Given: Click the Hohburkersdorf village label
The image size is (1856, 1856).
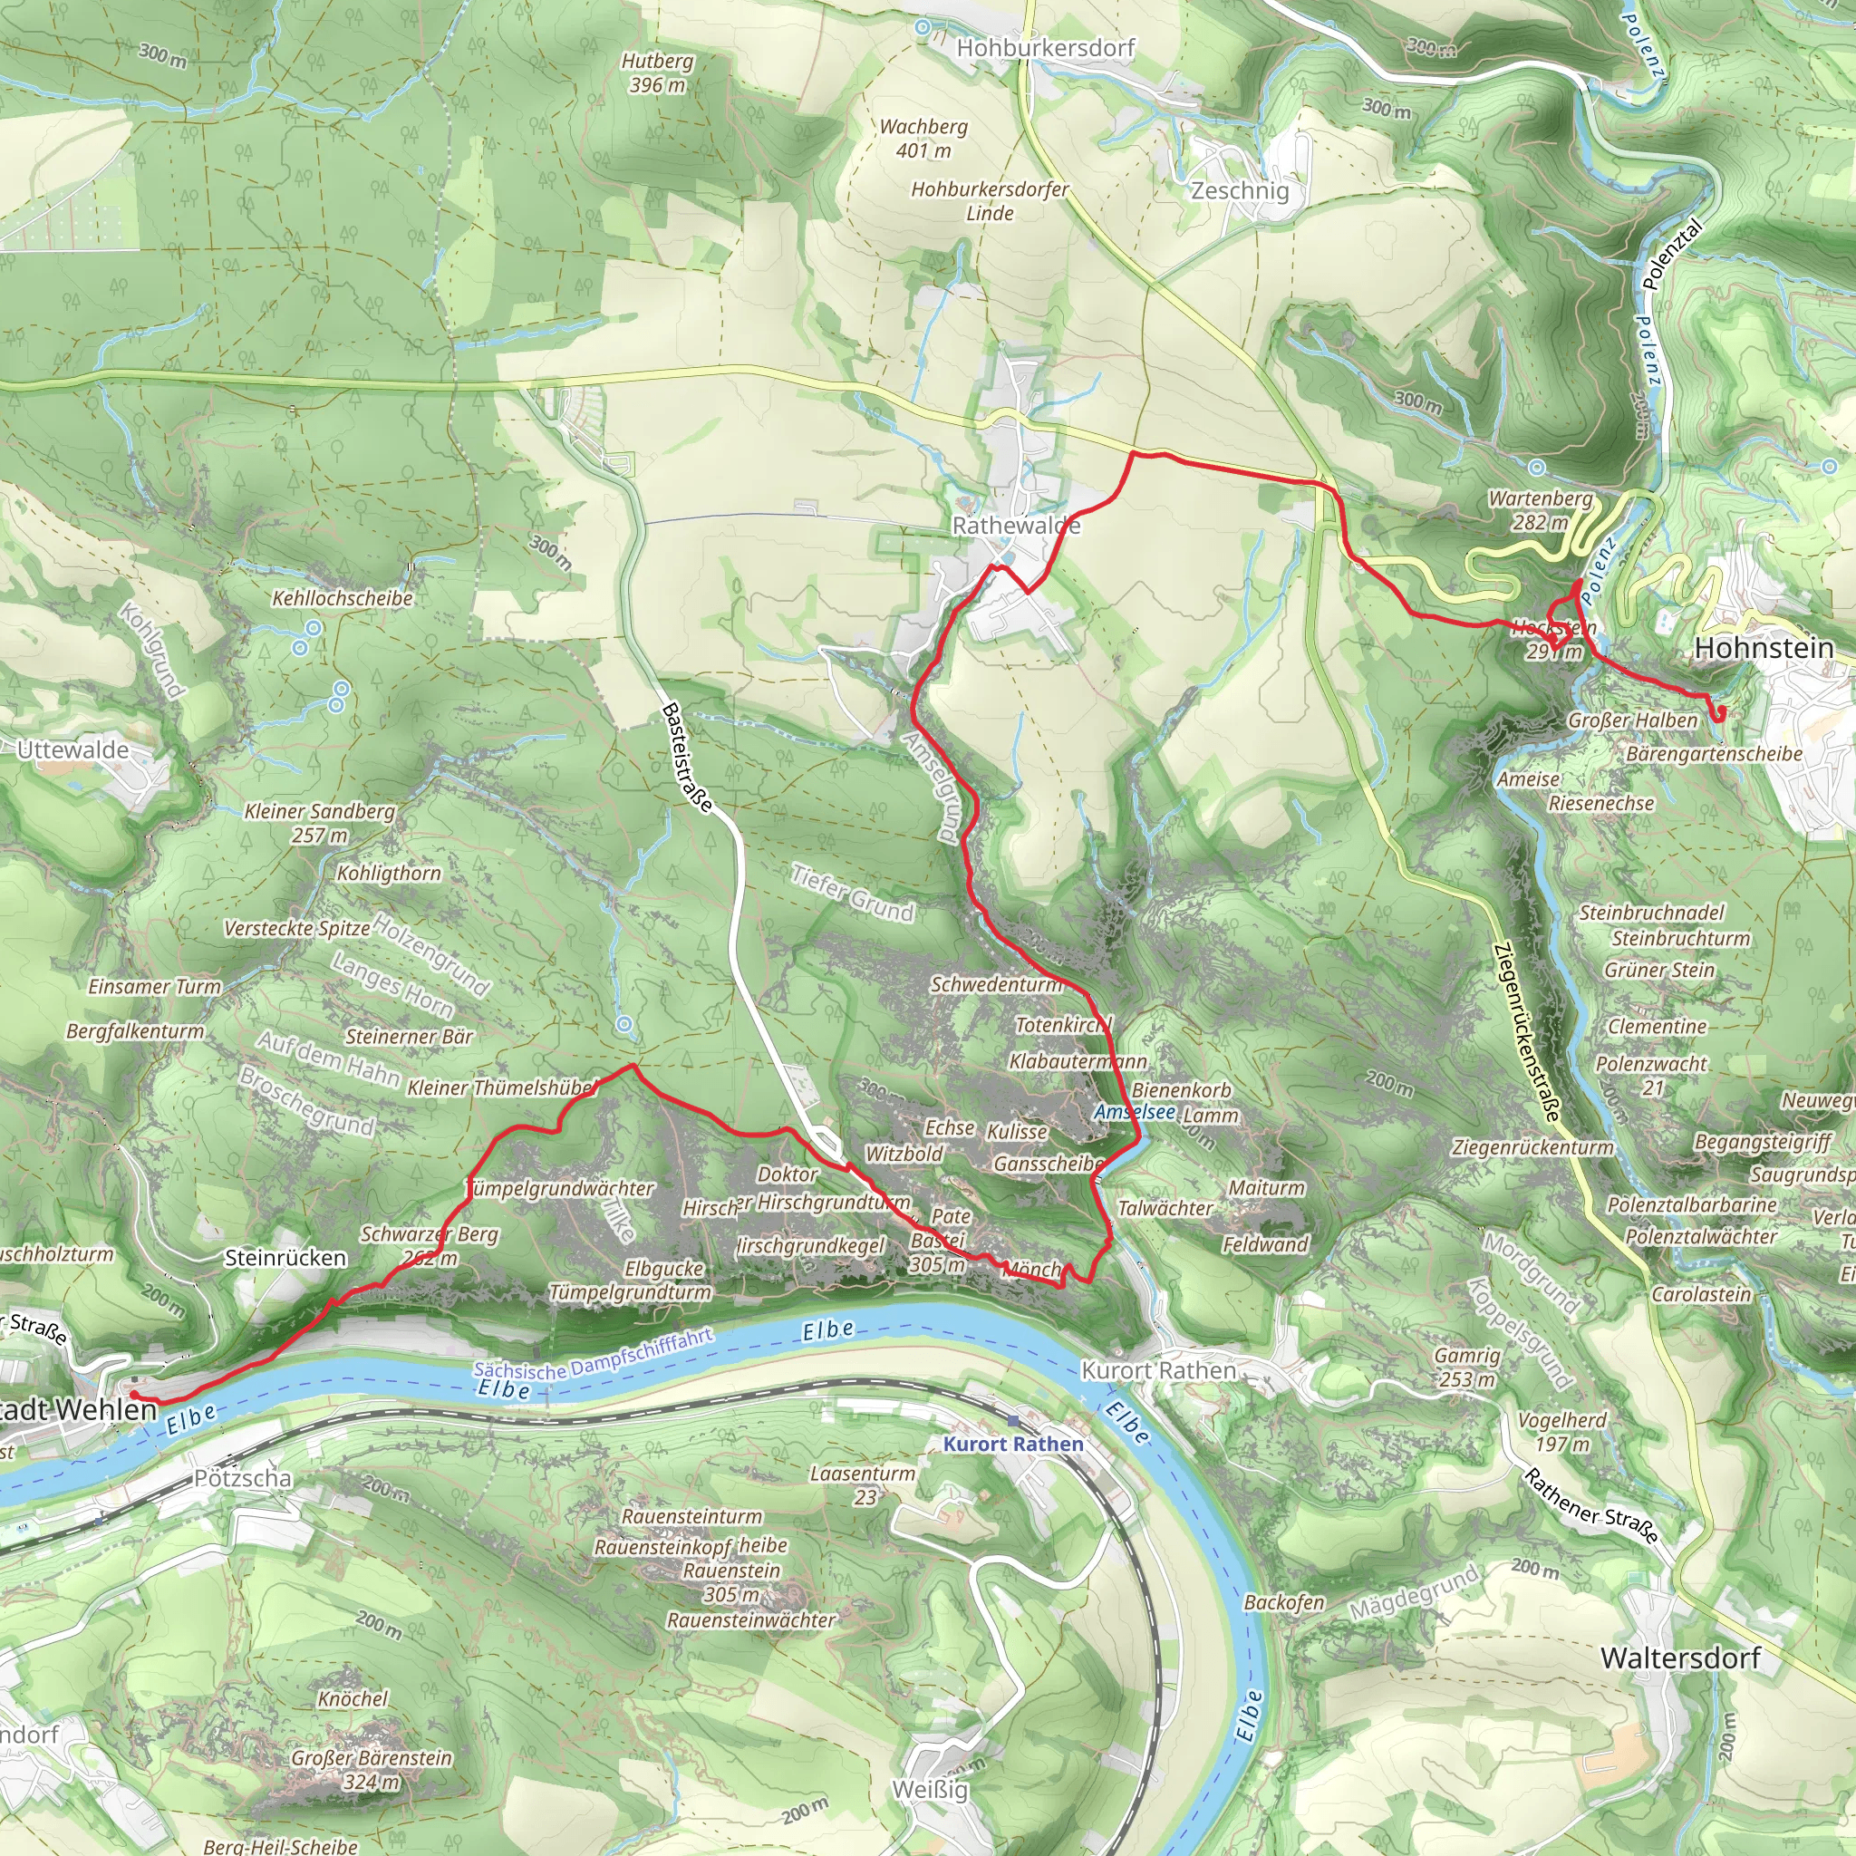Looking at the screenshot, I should click(1045, 47).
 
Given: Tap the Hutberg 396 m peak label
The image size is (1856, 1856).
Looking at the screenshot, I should click(657, 73).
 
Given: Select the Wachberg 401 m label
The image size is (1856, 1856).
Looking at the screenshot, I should click(923, 139).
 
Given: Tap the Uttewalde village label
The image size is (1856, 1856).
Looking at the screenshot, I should click(73, 749).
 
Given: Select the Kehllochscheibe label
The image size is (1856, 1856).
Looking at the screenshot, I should click(342, 598).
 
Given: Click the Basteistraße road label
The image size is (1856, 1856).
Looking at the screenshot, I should click(687, 757).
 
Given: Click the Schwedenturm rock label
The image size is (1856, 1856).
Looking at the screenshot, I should click(996, 985).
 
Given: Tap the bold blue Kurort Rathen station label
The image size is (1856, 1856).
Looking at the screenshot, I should click(1012, 1444).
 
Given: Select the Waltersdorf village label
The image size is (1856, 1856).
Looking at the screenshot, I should click(1679, 1658).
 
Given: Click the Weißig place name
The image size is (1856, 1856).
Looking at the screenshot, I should click(930, 1790).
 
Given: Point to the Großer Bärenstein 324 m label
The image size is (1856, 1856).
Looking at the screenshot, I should click(371, 1770).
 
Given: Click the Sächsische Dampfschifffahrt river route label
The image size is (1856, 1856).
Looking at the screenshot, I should click(593, 1355).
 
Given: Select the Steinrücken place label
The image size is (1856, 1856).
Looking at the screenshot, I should click(285, 1259).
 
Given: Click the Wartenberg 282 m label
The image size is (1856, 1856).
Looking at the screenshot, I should click(1540, 510).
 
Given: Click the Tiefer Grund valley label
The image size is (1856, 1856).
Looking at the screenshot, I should click(852, 894).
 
